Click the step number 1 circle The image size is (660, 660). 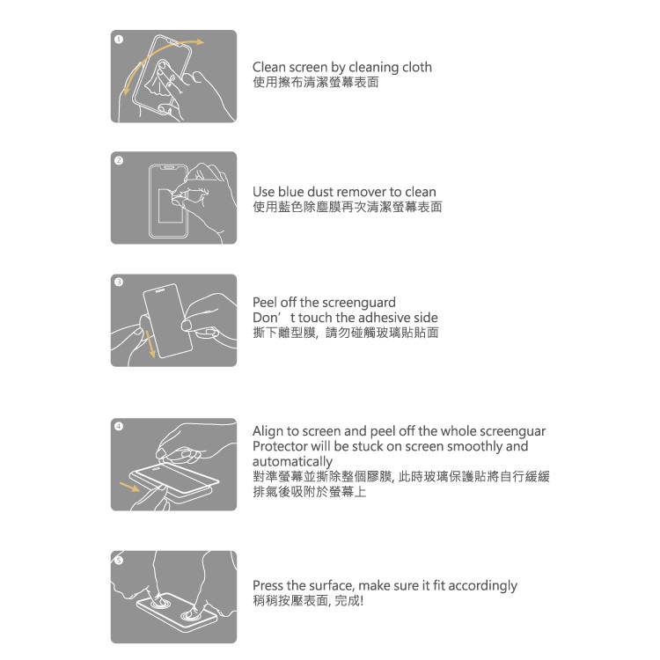[119, 39]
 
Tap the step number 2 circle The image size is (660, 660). [119, 160]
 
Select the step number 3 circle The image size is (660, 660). [119, 282]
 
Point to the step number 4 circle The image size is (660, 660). [119, 426]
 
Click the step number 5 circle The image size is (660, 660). [119, 561]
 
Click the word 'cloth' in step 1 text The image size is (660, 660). [417, 67]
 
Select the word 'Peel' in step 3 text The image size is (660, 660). [265, 302]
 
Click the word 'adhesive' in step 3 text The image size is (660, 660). [384, 318]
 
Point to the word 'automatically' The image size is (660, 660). [292, 462]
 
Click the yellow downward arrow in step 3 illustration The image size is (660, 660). [150, 343]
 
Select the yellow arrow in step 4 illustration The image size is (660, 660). [129, 487]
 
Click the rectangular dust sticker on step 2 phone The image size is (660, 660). [170, 206]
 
